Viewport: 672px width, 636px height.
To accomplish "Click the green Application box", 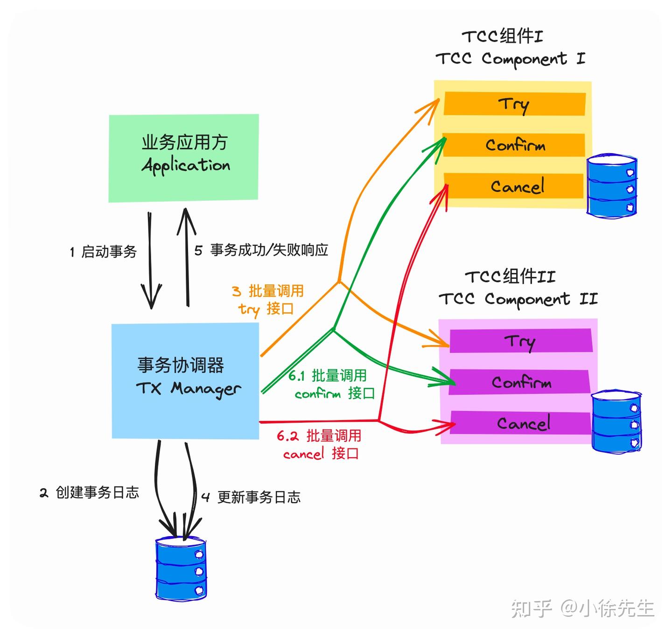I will tap(183, 158).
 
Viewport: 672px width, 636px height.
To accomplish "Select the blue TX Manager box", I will tap(185, 380).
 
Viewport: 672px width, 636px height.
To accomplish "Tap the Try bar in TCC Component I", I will tap(514, 104).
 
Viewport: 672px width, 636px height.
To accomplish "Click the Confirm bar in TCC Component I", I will tap(514, 145).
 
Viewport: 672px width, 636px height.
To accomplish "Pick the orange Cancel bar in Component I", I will tap(515, 186).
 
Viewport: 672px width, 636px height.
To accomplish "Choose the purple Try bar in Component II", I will tap(520, 341).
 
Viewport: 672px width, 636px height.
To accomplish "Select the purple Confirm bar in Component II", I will tap(520, 382).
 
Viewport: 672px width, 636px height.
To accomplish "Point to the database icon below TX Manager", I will tap(181, 568).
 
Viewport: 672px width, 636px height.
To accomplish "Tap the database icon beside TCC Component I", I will tap(611, 186).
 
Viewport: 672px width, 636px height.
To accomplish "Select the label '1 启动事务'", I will tap(103, 252).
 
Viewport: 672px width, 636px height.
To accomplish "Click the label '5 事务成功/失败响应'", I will tap(261, 250).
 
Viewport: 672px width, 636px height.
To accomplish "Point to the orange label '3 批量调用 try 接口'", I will tap(268, 300).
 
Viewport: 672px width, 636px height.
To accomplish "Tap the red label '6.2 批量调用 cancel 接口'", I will tap(320, 445).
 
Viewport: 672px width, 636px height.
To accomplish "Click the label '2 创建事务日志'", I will tap(89, 492).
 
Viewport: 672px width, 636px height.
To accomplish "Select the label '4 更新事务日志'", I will tap(251, 497).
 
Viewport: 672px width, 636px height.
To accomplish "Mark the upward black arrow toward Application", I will tap(187, 257).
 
